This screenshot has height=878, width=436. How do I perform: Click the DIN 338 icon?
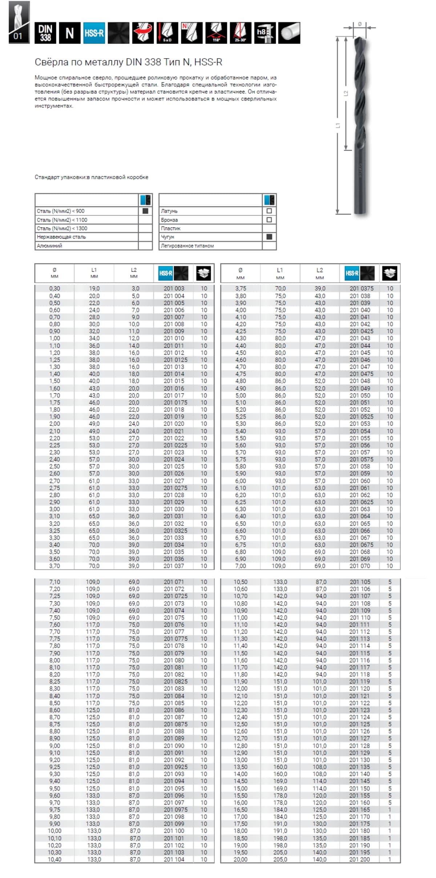pyautogui.click(x=45, y=33)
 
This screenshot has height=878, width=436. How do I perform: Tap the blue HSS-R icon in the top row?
pyautogui.click(x=94, y=33)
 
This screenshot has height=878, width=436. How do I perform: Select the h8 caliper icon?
pyautogui.click(x=265, y=33)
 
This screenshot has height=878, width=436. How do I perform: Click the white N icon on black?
pyautogui.click(x=69, y=33)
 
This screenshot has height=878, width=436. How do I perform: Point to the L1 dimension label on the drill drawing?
pyautogui.click(x=338, y=125)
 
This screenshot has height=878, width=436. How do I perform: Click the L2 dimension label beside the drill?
pyautogui.click(x=346, y=93)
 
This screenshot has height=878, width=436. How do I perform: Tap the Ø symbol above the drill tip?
pyautogui.click(x=359, y=24)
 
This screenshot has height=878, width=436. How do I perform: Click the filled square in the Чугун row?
pyautogui.click(x=269, y=237)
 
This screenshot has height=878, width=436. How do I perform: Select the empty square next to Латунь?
pyautogui.click(x=269, y=211)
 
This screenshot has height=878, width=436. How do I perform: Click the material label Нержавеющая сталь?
pyautogui.click(x=61, y=237)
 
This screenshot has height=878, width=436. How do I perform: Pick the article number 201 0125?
pyautogui.click(x=175, y=360)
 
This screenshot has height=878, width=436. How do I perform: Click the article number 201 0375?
pyautogui.click(x=361, y=289)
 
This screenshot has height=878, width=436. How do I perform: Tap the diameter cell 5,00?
pyautogui.click(x=241, y=395)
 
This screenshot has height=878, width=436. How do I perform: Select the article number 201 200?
pyautogui.click(x=359, y=859)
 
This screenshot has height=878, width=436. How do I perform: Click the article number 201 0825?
pyautogui.click(x=175, y=681)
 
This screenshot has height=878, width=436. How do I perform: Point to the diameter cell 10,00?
pyautogui.click(x=54, y=831)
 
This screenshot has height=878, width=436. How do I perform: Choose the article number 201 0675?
pyautogui.click(x=361, y=545)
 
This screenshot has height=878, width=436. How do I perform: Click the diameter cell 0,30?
pyautogui.click(x=54, y=289)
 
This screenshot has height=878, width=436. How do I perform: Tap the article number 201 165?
pyautogui.click(x=359, y=810)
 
